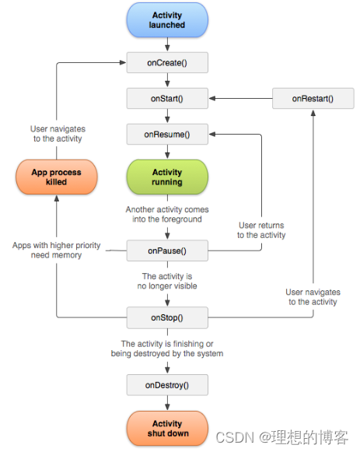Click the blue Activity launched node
[x=167, y=20]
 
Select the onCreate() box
[x=167, y=63]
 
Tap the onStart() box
[x=167, y=99]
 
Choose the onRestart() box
[x=313, y=99]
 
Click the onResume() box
[x=167, y=135]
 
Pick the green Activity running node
[x=167, y=177]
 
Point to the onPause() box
[x=167, y=251]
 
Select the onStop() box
[x=167, y=317]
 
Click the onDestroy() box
[x=167, y=384]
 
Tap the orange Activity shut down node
[x=167, y=428]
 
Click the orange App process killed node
[x=56, y=177]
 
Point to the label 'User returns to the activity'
[x=261, y=230]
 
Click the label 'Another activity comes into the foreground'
[x=167, y=215]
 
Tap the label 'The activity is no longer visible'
[x=169, y=281]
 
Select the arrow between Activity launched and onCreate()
[x=167, y=46]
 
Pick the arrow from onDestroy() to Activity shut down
[x=167, y=402]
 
